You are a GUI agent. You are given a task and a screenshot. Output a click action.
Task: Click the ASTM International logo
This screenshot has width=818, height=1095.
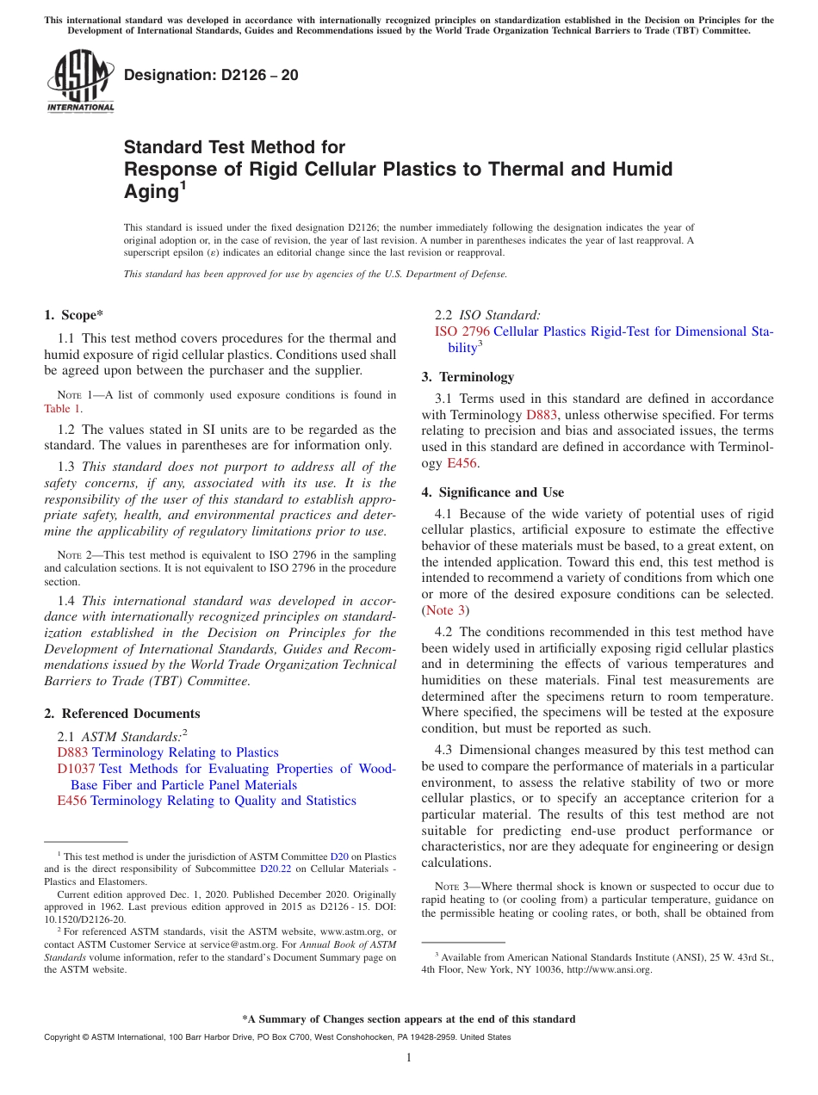point(80,81)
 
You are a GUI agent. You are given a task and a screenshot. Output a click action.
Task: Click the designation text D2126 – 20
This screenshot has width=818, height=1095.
point(211,75)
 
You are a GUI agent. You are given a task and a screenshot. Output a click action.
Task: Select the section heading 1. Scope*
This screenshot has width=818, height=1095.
point(75,315)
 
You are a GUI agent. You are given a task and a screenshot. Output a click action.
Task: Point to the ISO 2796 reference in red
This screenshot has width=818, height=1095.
point(462,331)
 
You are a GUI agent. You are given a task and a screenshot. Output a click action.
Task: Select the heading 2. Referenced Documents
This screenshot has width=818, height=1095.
point(122,714)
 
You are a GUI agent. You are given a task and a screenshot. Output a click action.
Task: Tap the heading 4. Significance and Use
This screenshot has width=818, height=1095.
point(493,492)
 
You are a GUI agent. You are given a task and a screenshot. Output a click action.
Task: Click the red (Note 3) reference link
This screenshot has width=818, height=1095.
point(445,610)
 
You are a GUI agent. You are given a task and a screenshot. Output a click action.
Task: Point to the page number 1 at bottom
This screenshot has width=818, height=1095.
point(409,1058)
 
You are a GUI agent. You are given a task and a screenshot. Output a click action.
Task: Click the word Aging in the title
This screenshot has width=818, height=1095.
point(151,192)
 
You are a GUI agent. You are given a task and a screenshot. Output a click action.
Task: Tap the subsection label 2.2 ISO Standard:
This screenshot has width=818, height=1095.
point(487,315)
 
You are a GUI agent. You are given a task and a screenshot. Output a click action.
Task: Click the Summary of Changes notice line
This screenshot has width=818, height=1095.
point(409,1019)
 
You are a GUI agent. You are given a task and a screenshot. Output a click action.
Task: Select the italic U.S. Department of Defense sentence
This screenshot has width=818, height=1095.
point(315,274)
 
